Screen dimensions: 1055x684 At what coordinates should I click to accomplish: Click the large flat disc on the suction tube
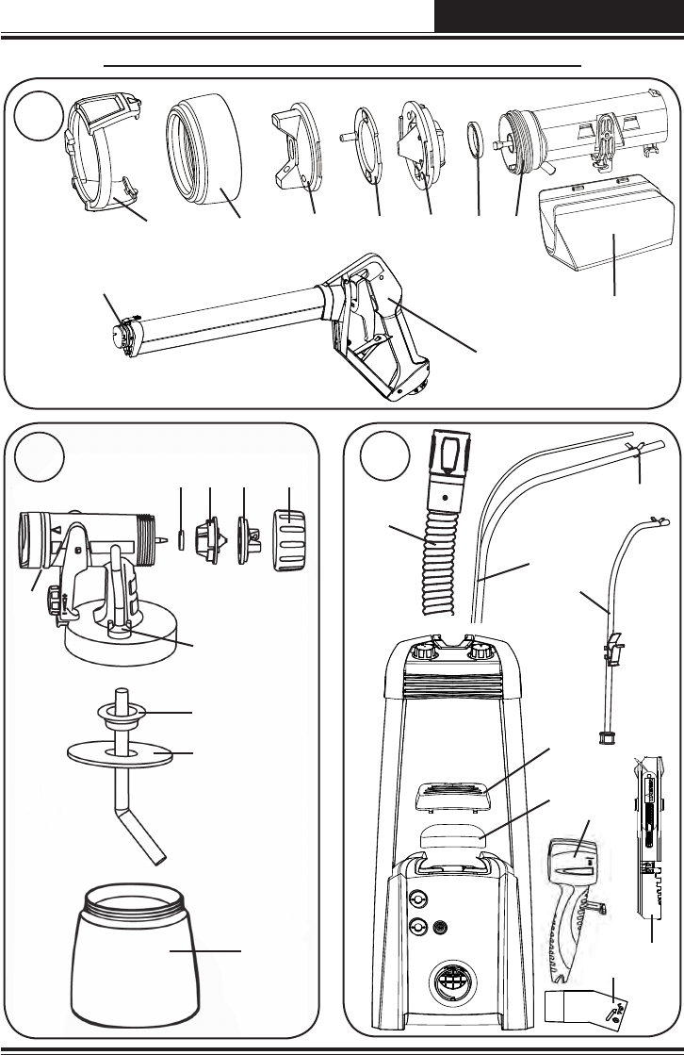[x=121, y=753]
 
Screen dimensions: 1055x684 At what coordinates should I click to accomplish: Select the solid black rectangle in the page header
[x=559, y=17]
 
